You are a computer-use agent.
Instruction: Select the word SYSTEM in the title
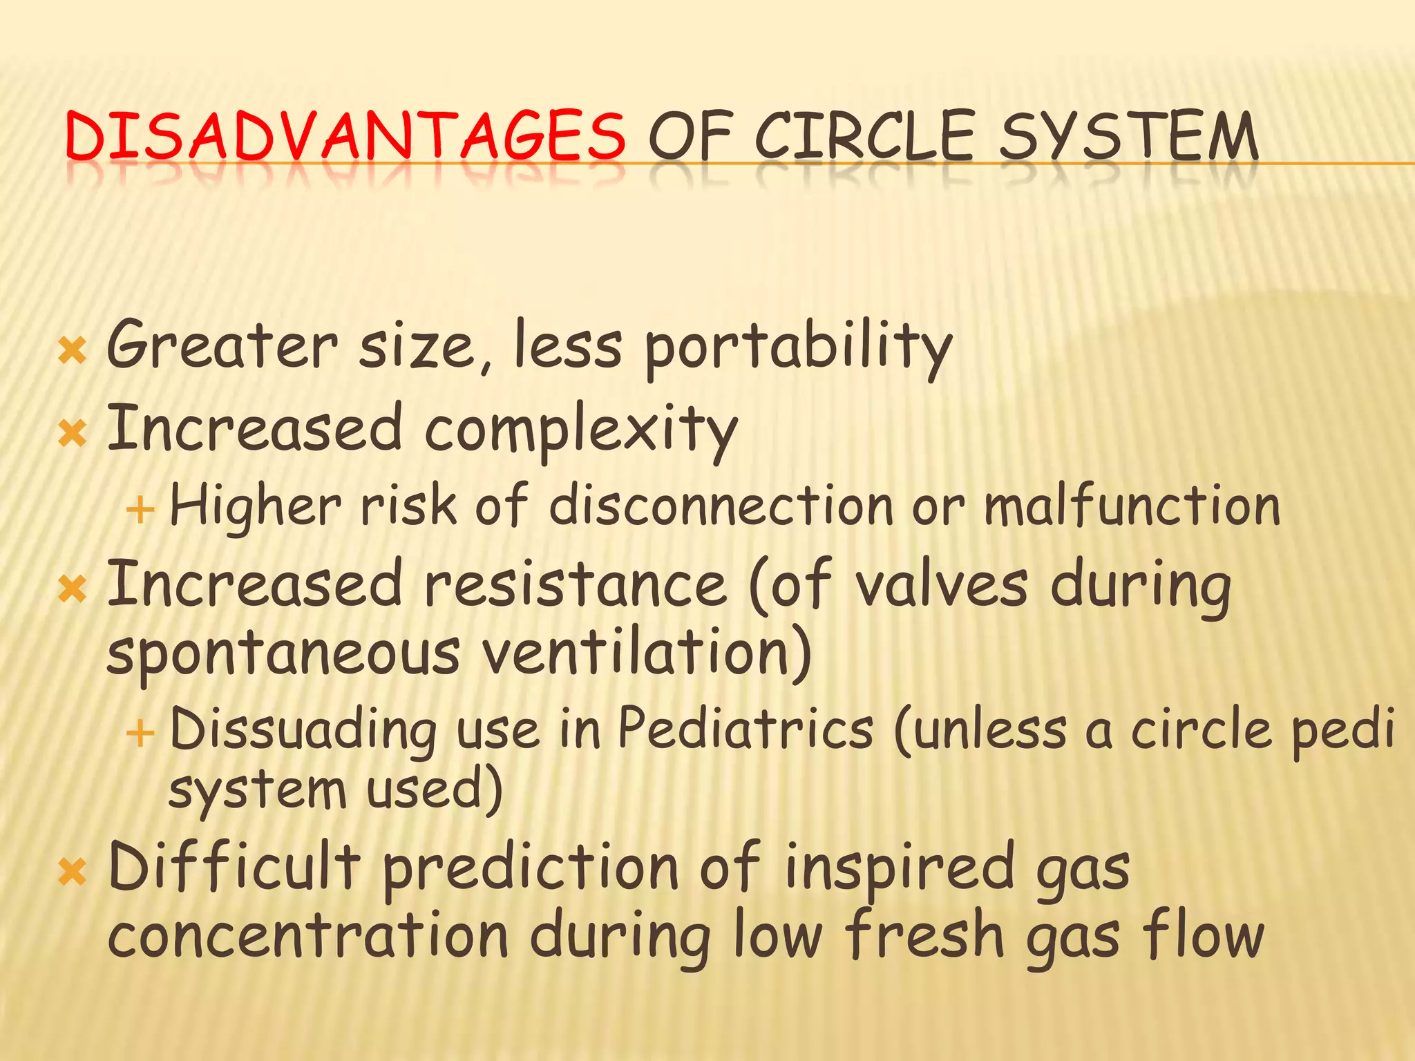pyautogui.click(x=1128, y=136)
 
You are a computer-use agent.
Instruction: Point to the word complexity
pyautogui.click(x=580, y=430)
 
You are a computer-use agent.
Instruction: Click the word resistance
pyautogui.click(x=575, y=584)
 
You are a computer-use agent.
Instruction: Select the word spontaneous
pyautogui.click(x=283, y=653)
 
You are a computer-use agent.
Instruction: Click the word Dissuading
pyautogui.click(x=303, y=731)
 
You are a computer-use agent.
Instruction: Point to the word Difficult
pyautogui.click(x=235, y=867)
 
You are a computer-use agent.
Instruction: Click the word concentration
pyautogui.click(x=308, y=936)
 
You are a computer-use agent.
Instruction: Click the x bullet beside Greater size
pyautogui.click(x=72, y=350)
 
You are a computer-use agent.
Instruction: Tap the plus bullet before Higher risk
pyautogui.click(x=140, y=510)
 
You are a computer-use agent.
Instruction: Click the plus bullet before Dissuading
pyautogui.click(x=140, y=733)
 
